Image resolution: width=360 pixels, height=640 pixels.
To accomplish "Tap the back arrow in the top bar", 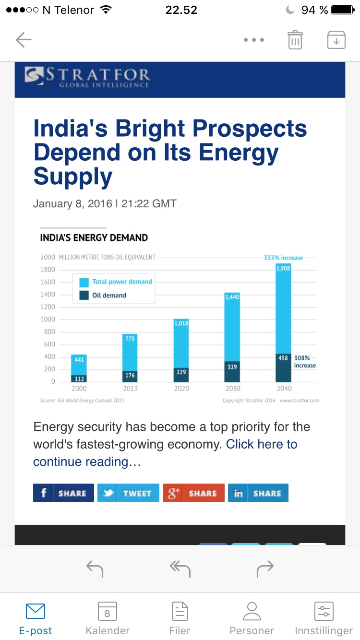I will tap(23, 40).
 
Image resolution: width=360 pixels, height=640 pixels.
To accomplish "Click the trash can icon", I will tap(295, 40).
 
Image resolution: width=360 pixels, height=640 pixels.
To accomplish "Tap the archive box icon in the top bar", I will tap(336, 40).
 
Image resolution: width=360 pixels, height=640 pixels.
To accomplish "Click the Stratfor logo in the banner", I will tap(88, 77).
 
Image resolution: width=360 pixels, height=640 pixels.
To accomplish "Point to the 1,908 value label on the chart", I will tap(283, 268).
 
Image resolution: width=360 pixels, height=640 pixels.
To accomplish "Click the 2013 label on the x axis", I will tap(130, 388).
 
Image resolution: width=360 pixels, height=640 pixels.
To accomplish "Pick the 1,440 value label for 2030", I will tap(232, 297).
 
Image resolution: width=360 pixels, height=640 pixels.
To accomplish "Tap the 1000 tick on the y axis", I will tap(47, 320).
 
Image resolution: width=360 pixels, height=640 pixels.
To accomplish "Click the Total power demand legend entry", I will tap(122, 282).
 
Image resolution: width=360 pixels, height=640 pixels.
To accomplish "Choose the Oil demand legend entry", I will tap(109, 296).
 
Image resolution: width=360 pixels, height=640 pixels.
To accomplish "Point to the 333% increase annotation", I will tap(283, 258).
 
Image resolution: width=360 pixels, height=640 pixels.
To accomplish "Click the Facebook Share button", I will tap(63, 493).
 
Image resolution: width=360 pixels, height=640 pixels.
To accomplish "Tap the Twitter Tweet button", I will tap(128, 493).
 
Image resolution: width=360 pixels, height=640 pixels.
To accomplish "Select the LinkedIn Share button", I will tap(258, 493).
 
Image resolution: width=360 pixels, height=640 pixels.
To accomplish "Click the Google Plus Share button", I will tap(193, 493).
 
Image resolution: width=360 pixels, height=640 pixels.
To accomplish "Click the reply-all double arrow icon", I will tap(180, 569).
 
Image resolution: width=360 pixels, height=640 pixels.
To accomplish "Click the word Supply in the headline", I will tap(73, 177).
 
